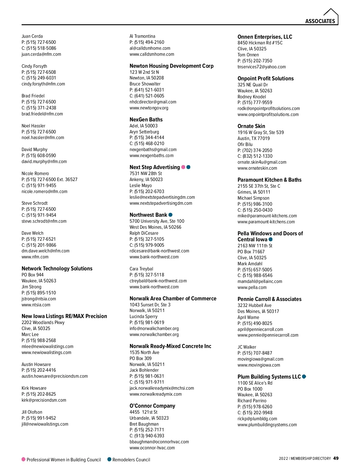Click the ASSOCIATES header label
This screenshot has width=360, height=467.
320,21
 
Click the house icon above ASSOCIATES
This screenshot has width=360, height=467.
331,13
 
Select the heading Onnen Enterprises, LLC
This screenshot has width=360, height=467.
265,37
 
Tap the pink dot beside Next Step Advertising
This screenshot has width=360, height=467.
183,167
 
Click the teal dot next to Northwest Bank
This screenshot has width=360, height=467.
170,215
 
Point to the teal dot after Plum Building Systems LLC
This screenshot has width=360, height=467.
304,376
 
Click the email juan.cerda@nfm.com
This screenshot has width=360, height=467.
41,54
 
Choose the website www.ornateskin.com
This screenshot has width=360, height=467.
257,168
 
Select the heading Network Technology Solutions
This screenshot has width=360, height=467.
57,269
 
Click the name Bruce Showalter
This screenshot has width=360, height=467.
145,84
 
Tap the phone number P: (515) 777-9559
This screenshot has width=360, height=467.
255,103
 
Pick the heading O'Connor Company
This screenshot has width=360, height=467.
152,406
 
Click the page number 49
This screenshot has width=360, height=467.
336,458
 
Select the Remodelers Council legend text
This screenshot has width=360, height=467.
131,460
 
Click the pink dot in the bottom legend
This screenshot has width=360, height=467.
23,459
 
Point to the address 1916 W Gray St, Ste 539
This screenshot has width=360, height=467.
260,132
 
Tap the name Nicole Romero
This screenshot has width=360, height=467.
35,174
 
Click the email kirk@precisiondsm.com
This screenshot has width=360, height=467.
44,400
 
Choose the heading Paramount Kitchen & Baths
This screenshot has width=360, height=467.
269,180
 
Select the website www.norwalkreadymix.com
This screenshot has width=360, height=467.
155,394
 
